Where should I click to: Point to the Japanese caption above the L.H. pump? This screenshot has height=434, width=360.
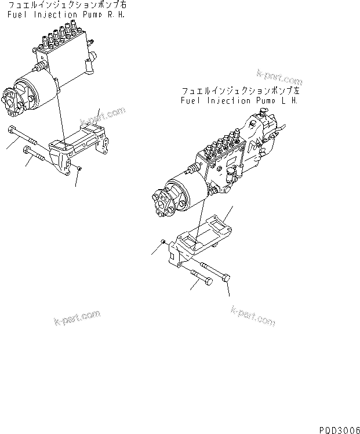[x=240, y=91]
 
